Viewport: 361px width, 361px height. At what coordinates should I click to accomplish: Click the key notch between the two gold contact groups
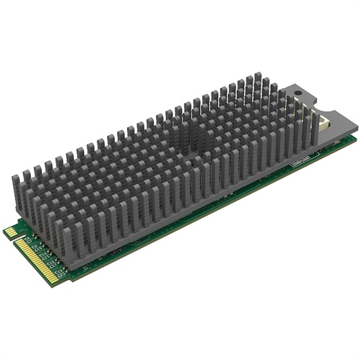point(17,239)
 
